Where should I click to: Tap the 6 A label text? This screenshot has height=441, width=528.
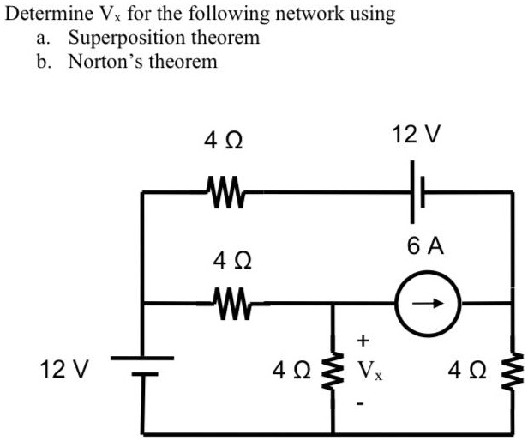pyautogui.click(x=426, y=247)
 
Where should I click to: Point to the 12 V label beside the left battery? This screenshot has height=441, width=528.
pyautogui.click(x=64, y=370)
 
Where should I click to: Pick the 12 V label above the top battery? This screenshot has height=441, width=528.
pyautogui.click(x=416, y=134)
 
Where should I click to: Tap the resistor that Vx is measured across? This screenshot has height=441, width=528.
pyautogui.click(x=332, y=370)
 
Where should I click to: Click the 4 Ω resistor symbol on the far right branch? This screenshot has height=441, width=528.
pyautogui.click(x=516, y=370)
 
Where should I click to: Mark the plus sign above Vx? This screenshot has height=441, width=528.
pyautogui.click(x=363, y=341)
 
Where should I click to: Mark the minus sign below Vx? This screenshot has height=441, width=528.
pyautogui.click(x=363, y=401)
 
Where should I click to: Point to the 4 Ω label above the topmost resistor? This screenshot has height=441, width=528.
pyautogui.click(x=223, y=137)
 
